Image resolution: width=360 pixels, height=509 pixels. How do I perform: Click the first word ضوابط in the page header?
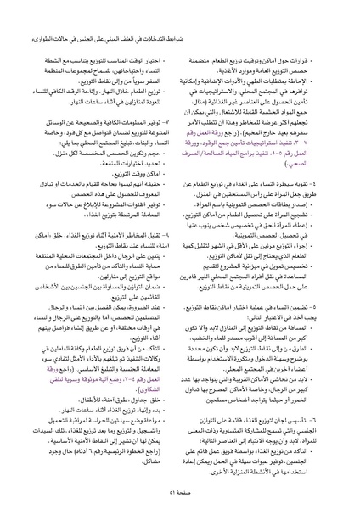[337, 10]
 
